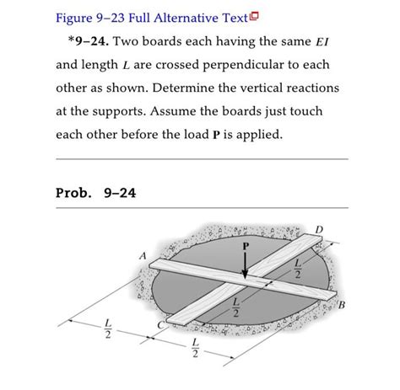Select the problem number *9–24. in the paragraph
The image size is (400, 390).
[x=86, y=40]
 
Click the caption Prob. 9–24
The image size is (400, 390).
[x=95, y=193]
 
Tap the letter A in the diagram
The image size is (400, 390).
[x=143, y=255]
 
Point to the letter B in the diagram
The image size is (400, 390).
[x=342, y=304]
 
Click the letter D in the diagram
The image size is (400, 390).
[x=317, y=228]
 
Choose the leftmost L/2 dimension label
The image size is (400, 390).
[x=106, y=327]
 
